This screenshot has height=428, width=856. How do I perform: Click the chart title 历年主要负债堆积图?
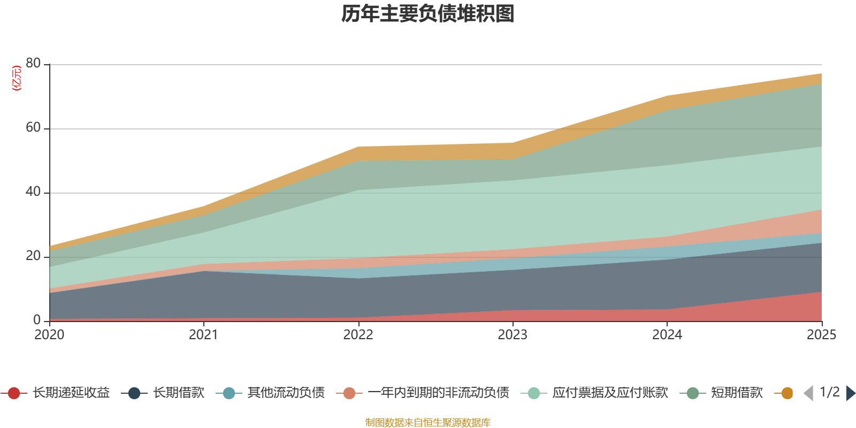(428, 14)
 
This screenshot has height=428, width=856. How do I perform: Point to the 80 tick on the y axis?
(33, 64)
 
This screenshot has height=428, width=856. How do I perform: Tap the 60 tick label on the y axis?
(33, 128)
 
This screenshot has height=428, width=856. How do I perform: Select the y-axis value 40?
(33, 192)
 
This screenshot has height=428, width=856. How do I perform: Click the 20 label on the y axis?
(33, 256)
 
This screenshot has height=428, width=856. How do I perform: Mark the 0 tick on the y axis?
(37, 320)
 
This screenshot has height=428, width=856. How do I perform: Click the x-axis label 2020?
(49, 335)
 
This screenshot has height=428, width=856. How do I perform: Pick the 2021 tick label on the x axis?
(203, 335)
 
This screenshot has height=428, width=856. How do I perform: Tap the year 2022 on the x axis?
(358, 335)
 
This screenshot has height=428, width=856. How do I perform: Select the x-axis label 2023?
(513, 335)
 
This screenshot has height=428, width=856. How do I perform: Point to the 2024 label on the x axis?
(667, 335)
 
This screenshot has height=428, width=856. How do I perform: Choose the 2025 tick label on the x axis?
(821, 335)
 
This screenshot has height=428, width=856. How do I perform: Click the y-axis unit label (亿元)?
(17, 78)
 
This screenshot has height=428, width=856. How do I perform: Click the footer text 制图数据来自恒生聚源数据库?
(428, 423)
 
